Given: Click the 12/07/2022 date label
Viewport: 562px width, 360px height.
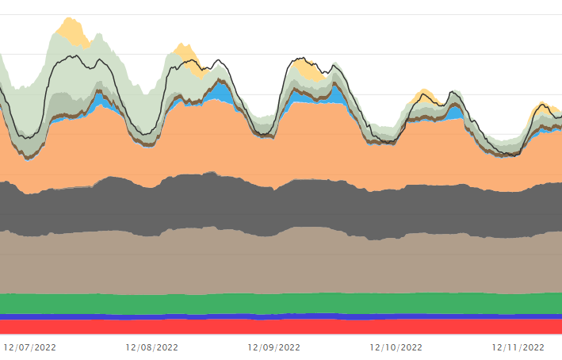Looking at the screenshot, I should coord(31,347).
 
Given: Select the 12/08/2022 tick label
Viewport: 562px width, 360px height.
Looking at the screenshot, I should coord(152,347).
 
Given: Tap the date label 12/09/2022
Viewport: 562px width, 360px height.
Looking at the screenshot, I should coord(274,347).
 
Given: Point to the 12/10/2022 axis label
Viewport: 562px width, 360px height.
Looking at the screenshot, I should coord(396,347).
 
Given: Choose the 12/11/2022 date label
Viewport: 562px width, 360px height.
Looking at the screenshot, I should coord(518,347).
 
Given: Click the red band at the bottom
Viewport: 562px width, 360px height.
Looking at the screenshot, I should coord(277,326).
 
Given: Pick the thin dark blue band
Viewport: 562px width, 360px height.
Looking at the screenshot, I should coord(277,316).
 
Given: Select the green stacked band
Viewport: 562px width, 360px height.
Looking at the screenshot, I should coord(277,303).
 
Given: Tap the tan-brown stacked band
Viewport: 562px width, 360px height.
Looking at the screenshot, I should coord(277,262).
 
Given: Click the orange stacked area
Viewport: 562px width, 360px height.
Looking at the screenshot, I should coord(277,151).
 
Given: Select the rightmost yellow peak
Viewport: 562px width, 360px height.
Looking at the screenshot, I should coord(542,107).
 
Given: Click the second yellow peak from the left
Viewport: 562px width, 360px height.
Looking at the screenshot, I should coord(186,54).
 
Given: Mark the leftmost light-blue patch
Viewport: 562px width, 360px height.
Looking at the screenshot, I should coord(100,100).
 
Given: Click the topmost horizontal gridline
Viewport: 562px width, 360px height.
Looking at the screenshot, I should coord(277,14).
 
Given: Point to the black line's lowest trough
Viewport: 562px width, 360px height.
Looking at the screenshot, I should coord(507,155).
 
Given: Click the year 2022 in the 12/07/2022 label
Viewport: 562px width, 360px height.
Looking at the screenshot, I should coord(44,347).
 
